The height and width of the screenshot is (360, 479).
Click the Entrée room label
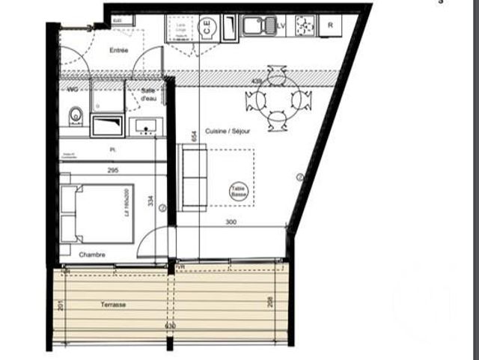pos(118,50)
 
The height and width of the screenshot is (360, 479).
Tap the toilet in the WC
pos(75,116)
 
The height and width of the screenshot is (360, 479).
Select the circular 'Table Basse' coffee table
pos(238,192)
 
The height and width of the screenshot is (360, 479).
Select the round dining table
pos(277,100)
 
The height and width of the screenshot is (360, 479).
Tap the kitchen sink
pos(259,26)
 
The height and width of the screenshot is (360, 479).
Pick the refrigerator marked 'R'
pos(329,25)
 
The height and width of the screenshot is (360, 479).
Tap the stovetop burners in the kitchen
pos(305,25)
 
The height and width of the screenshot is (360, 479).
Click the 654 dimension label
pos(194,135)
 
